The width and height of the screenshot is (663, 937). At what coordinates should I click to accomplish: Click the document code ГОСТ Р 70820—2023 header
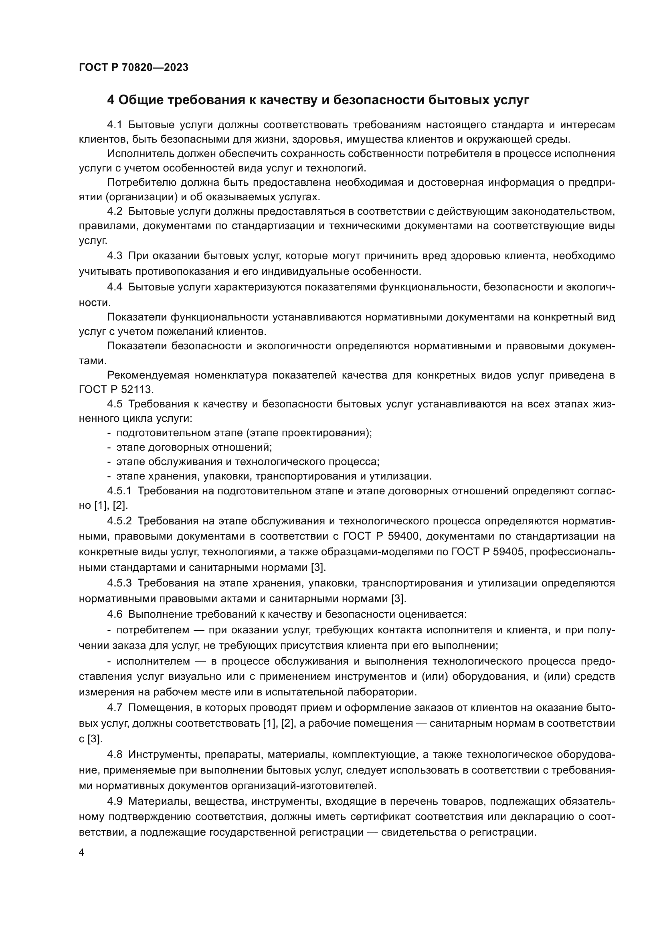[x=133, y=68]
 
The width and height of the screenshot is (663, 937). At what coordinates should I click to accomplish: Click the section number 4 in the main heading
[x=111, y=100]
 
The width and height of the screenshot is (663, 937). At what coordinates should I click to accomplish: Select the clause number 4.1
[x=115, y=125]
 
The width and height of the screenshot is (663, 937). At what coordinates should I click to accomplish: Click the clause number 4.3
[x=115, y=256]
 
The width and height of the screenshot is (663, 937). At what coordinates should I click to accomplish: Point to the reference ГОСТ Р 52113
[x=116, y=390]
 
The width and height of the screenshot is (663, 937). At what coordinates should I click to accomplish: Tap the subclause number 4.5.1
[x=119, y=491]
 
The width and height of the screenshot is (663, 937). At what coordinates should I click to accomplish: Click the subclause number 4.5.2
[x=119, y=521]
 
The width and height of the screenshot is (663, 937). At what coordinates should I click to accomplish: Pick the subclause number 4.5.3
[x=119, y=583]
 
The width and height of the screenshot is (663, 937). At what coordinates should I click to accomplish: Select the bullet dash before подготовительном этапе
[x=109, y=433]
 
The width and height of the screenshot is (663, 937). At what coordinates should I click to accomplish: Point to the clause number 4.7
[x=115, y=707]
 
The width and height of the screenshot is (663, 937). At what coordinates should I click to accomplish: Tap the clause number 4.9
[x=115, y=801]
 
